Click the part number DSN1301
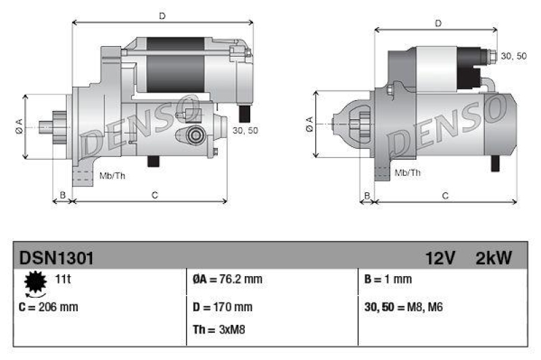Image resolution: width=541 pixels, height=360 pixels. pyautogui.click(x=56, y=257)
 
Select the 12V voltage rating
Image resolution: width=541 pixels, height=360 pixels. pyautogui.click(x=440, y=257)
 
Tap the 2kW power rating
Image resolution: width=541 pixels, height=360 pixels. pyautogui.click(x=494, y=257)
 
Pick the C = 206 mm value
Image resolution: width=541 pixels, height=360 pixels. pyautogui.click(x=49, y=307)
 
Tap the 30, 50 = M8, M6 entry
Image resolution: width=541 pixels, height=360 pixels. pyautogui.click(x=404, y=307)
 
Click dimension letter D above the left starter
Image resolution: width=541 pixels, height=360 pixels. pyautogui.click(x=162, y=15)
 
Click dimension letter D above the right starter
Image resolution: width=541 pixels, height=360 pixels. pyautogui.click(x=438, y=23)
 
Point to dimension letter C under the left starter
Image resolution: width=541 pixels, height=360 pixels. pyautogui.click(x=155, y=196)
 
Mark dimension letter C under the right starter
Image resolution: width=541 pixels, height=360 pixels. pyautogui.click(x=445, y=196)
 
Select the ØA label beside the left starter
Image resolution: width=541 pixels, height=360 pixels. pyautogui.click(x=18, y=126)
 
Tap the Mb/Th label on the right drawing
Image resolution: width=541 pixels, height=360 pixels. pyautogui.click(x=407, y=173)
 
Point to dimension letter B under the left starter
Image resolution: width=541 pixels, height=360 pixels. pyautogui.click(x=62, y=196)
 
